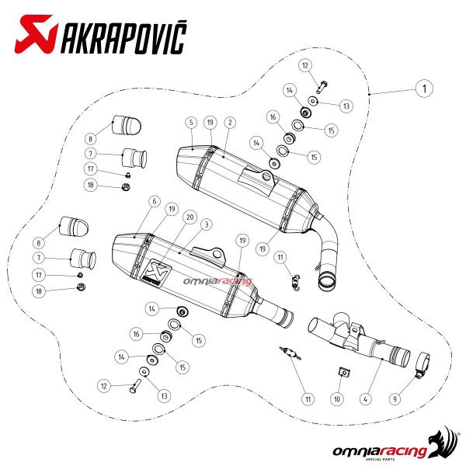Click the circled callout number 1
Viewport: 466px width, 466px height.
424,89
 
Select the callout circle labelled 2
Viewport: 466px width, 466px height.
230,122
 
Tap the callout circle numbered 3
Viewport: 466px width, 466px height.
207,224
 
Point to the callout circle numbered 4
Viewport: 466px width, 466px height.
365,399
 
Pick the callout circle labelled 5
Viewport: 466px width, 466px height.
191,122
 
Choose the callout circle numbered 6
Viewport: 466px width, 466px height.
155,201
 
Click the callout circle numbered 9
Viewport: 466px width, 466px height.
395,399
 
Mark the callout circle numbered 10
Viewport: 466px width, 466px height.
337,399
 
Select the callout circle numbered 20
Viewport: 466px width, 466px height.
190,217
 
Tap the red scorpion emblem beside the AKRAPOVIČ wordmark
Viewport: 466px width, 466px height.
36,34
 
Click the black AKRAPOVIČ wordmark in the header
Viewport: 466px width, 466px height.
124,37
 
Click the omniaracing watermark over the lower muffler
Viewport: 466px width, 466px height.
217,280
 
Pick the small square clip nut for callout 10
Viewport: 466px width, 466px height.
344,372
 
